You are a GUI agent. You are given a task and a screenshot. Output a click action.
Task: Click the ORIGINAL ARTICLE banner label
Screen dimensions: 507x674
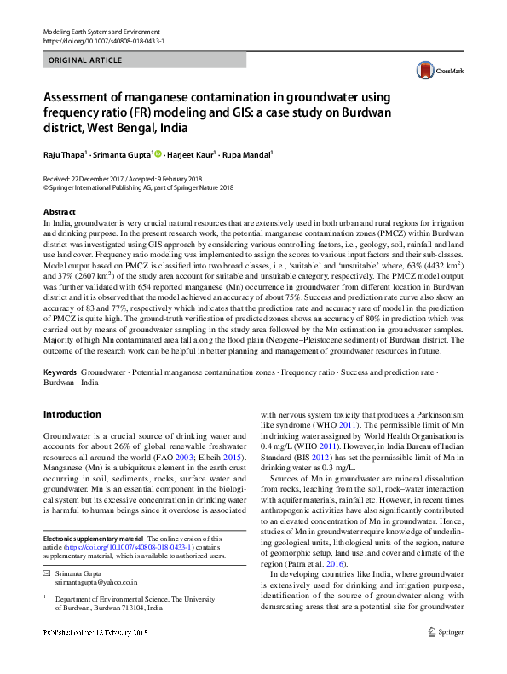click(85, 60)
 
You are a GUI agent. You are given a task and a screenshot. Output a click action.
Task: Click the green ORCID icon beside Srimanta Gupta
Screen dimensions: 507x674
click(158, 154)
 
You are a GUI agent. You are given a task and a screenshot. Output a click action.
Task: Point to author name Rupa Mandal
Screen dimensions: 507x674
click(248, 155)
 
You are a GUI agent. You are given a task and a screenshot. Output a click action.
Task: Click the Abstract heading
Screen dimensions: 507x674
click(59, 211)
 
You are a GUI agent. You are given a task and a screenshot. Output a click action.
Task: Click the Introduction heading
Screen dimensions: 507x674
click(72, 414)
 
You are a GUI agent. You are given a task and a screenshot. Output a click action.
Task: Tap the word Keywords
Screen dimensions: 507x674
click(60, 373)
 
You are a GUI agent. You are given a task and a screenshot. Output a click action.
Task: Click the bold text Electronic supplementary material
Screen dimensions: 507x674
click(93, 539)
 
